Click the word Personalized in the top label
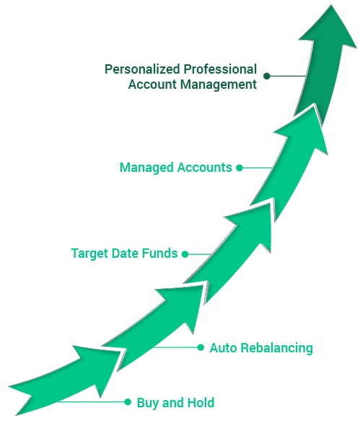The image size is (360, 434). (x=142, y=69)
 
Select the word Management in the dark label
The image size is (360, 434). (x=219, y=84)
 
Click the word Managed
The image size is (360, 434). (x=146, y=168)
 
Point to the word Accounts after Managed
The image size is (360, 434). (x=204, y=168)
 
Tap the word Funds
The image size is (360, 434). (x=159, y=253)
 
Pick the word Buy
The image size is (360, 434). (x=148, y=403)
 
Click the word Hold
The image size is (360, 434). (x=201, y=403)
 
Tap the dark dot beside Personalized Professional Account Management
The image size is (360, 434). (x=266, y=76)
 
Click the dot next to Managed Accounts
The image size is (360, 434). (x=240, y=168)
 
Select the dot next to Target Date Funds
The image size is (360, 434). (x=185, y=254)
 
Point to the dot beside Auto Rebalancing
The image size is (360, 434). (x=201, y=347)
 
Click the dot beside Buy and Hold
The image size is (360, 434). (x=128, y=402)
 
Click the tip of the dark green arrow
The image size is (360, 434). (x=331, y=5)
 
